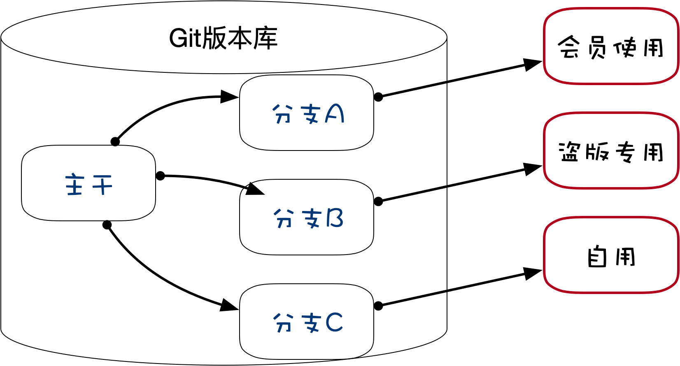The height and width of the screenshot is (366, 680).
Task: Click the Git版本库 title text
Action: pyautogui.click(x=224, y=39)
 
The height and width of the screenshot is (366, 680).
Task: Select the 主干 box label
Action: pyautogui.click(x=89, y=184)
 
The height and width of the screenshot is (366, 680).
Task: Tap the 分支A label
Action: pyautogui.click(x=308, y=114)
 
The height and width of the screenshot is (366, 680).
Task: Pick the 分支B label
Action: pyautogui.click(x=308, y=218)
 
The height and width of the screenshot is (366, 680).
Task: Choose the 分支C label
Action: pyautogui.click(x=308, y=322)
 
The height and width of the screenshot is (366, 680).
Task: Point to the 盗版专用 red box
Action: pyautogui.click(x=611, y=151)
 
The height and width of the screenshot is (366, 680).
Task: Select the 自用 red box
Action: pyautogui.click(x=611, y=255)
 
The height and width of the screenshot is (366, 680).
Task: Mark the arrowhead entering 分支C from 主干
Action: pyautogui.click(x=230, y=306)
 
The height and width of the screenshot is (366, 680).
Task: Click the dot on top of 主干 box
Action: pyautogui.click(x=115, y=142)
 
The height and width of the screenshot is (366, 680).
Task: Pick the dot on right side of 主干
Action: pyautogui.click(x=160, y=176)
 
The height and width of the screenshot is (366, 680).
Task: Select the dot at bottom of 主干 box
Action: pyautogui.click(x=107, y=225)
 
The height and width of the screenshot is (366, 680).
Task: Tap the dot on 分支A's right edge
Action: pyautogui.click(x=378, y=97)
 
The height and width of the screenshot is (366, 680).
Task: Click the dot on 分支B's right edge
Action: pyautogui.click(x=378, y=202)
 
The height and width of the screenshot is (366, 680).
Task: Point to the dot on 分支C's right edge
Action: pyautogui.click(x=378, y=306)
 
